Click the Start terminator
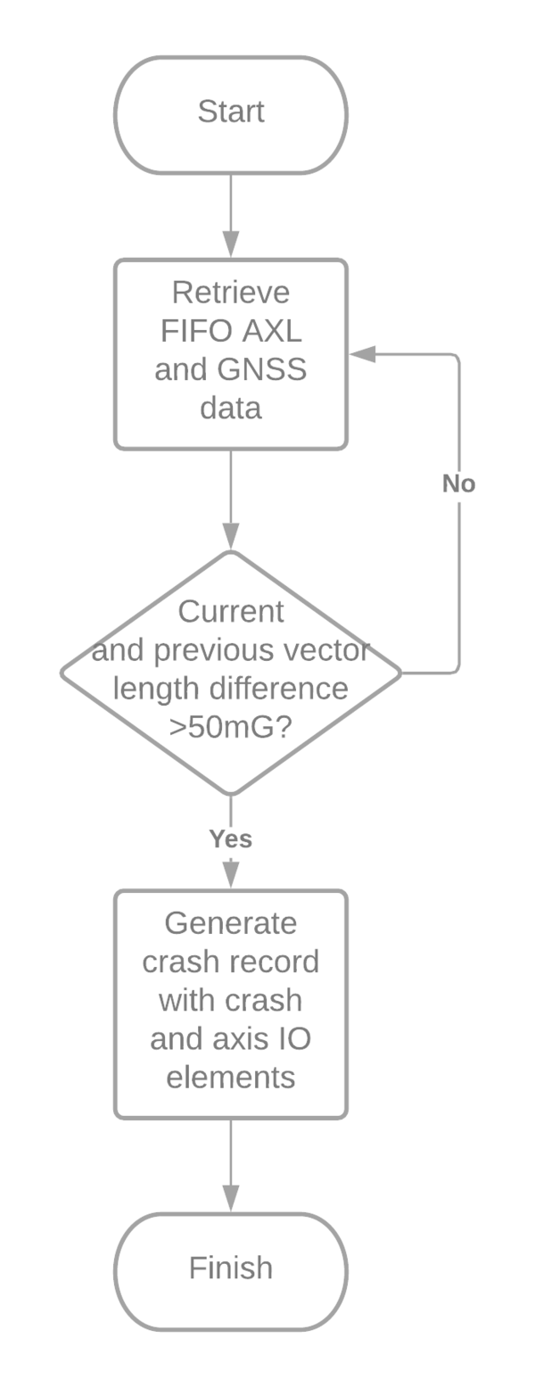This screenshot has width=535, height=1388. coord(231,113)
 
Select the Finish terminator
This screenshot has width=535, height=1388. coord(231,1268)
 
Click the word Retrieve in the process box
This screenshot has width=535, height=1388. coord(231,293)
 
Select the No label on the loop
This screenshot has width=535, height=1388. coord(458,484)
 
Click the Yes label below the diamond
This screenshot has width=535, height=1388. coord(231,839)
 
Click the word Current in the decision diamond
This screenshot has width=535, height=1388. coord(231,612)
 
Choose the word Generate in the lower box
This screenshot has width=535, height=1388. coord(231,922)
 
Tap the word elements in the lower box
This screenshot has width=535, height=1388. coord(231,1077)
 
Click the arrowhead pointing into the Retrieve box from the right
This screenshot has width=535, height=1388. coord(359,355)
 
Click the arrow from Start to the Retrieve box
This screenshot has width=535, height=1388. coord(231,214)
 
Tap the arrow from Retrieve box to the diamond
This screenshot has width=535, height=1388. coord(231,500)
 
